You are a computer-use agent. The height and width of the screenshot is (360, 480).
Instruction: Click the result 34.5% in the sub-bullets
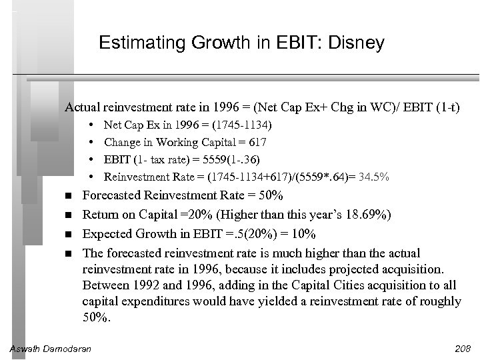(x=375, y=177)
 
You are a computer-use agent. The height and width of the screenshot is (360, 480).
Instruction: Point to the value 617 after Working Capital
(x=257, y=142)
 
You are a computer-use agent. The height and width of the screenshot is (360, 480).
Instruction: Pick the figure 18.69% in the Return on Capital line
(x=367, y=215)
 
